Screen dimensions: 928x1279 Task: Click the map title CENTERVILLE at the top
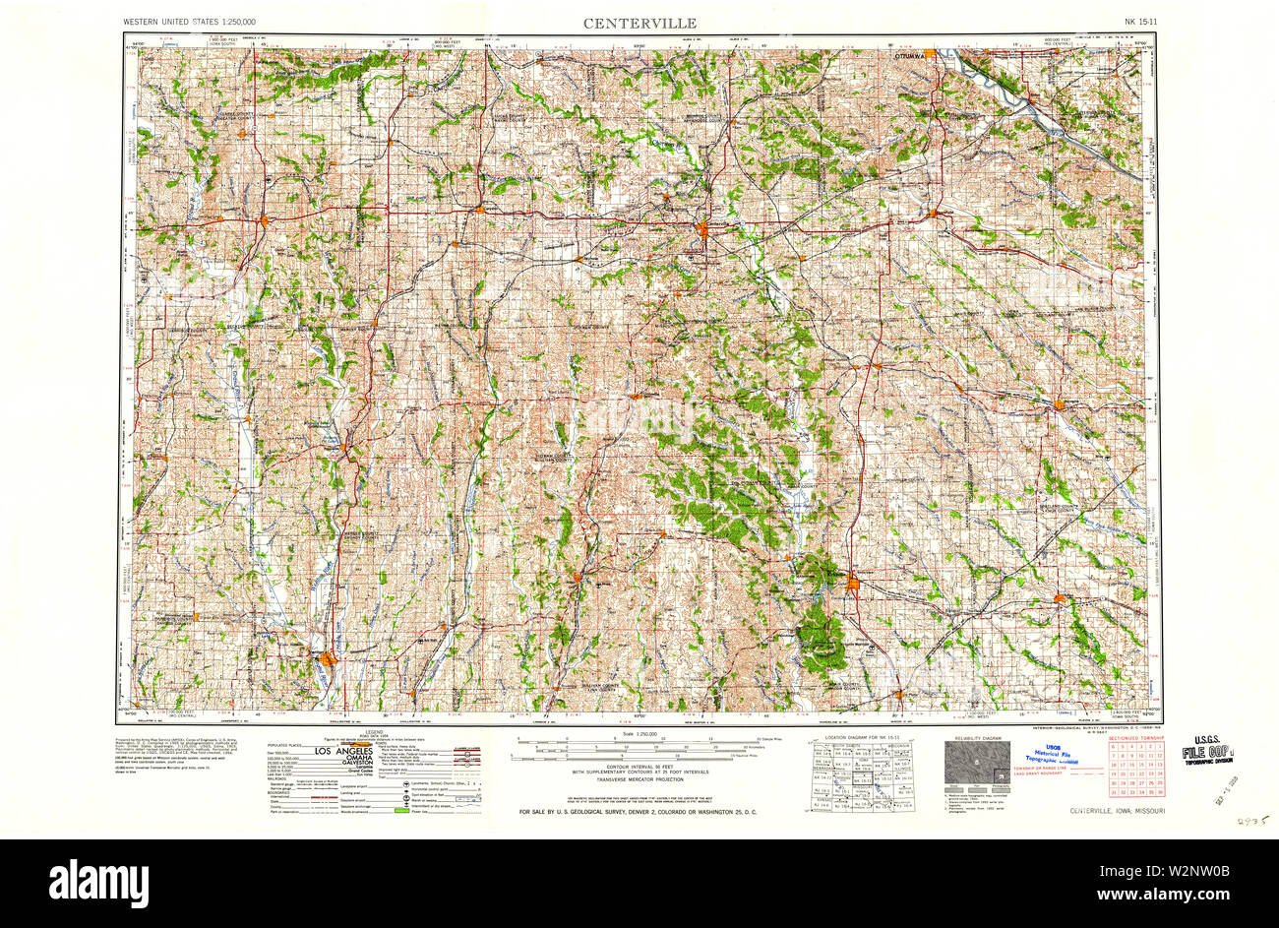click(639, 22)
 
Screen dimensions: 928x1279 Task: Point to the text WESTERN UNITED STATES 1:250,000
click(190, 22)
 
